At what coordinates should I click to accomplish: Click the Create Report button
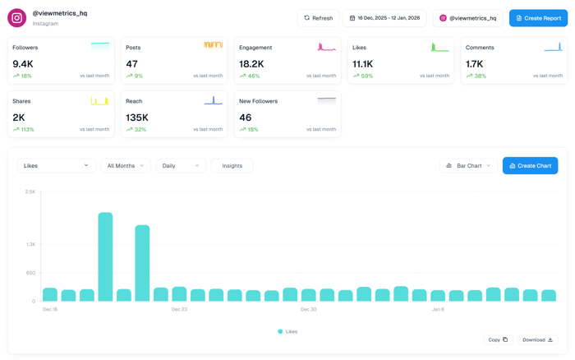tap(538, 18)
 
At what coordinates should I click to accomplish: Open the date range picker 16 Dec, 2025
tap(384, 18)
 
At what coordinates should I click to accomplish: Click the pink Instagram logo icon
tap(17, 17)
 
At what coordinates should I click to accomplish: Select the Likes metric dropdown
tap(56, 166)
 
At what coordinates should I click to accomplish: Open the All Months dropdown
tap(126, 166)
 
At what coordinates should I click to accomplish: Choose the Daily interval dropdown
tap(181, 166)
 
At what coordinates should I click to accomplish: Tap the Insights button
tap(232, 166)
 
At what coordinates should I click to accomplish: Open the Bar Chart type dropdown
tap(468, 166)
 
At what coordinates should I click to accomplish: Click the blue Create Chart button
tap(530, 166)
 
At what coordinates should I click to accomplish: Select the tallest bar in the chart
tap(105, 257)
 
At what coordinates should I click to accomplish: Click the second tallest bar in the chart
tap(142, 263)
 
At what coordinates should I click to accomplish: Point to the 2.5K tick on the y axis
tap(30, 192)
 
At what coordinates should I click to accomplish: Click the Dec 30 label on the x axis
tap(308, 310)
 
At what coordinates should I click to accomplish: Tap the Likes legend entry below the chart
tap(287, 332)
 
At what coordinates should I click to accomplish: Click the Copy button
tap(498, 339)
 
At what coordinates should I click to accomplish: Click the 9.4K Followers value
tap(23, 64)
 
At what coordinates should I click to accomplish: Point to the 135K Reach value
tap(137, 118)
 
